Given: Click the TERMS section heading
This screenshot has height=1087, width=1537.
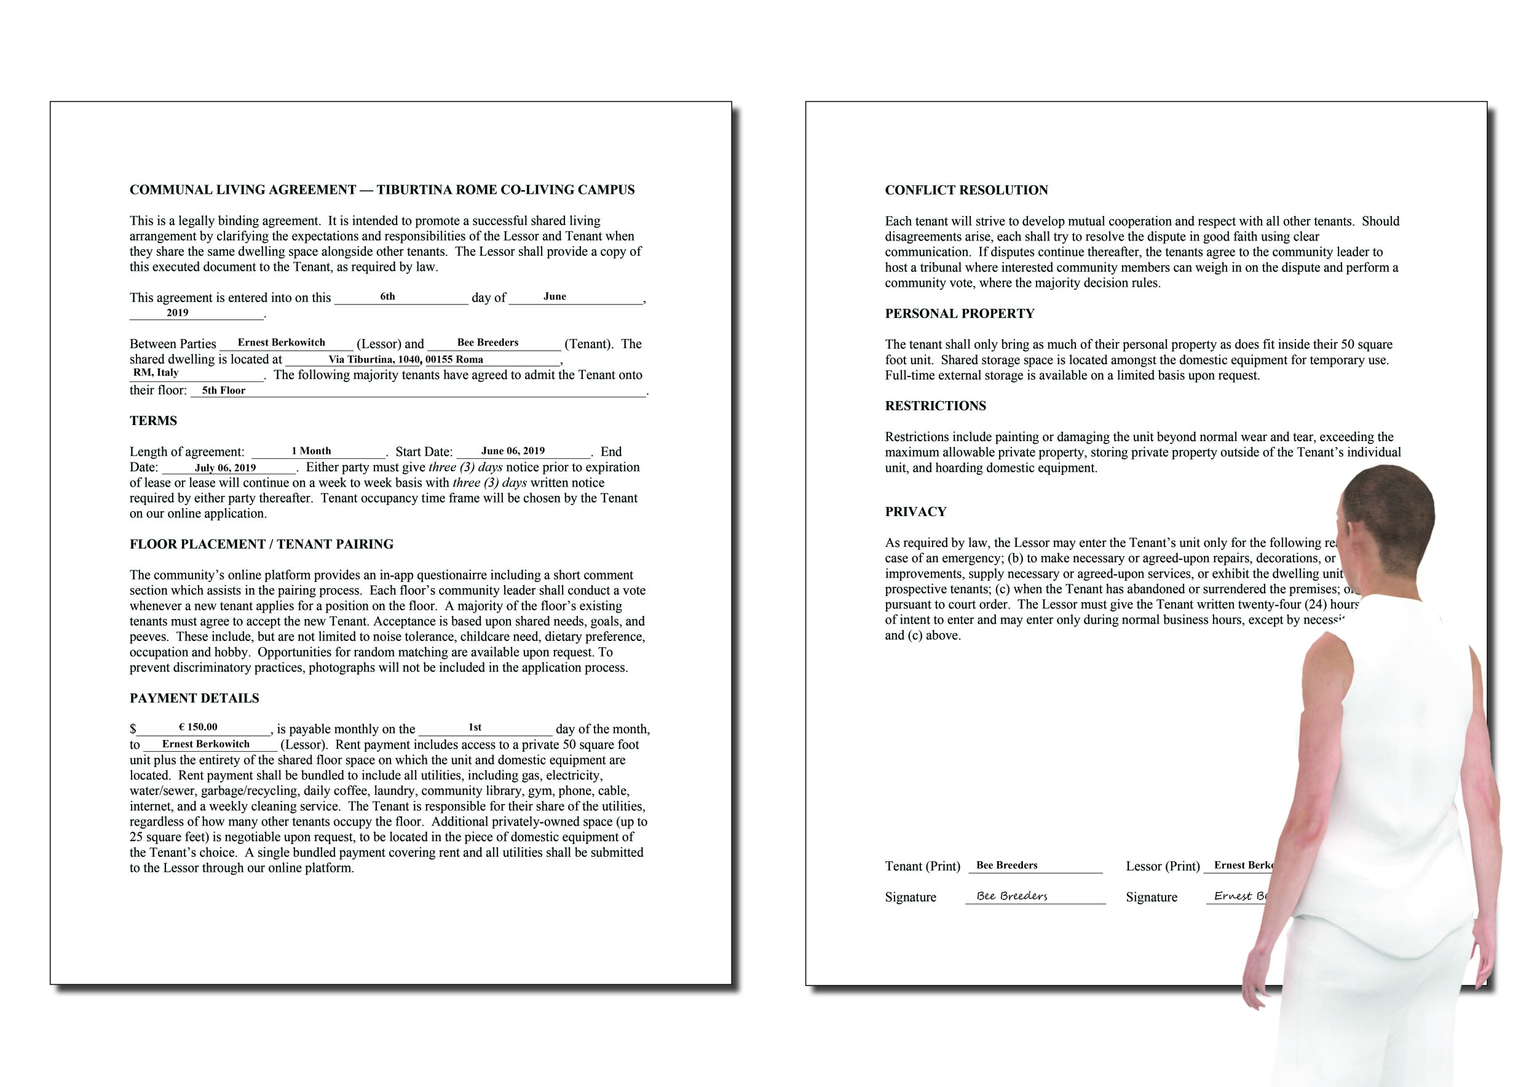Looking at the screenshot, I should (153, 421).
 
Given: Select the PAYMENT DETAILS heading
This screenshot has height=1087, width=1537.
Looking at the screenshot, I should (194, 698).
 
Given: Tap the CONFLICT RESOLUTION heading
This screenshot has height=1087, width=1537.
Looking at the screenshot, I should (966, 190).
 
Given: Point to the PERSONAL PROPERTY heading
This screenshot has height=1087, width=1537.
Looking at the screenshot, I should (959, 314).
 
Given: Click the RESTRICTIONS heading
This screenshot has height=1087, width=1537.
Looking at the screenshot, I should (935, 406).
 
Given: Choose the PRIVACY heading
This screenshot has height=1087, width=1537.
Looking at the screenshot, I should (915, 512).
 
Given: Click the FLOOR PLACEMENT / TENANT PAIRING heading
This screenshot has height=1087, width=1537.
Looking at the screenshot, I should (261, 544).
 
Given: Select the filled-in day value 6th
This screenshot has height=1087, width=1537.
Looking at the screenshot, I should (387, 297).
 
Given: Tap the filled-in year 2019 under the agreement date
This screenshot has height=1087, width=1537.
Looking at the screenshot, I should (178, 313).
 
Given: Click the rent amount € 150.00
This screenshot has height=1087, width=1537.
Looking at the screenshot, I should (198, 727).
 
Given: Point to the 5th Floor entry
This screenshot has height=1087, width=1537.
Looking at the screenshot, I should (224, 391).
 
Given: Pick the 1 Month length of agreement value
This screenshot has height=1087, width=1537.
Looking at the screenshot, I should (311, 451).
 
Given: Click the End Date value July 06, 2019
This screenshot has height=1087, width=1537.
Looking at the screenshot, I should (226, 468).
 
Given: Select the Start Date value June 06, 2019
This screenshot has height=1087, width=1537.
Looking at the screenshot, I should (513, 451).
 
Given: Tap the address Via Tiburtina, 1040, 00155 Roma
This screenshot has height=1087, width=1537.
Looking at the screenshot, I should (406, 360).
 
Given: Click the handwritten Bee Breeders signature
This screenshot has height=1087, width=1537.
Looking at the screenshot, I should (1011, 896).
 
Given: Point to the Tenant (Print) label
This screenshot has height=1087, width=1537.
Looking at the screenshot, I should (922, 866).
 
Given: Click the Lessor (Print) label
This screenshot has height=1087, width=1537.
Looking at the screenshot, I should (1162, 866).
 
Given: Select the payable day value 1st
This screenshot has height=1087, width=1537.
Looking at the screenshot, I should (475, 727).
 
